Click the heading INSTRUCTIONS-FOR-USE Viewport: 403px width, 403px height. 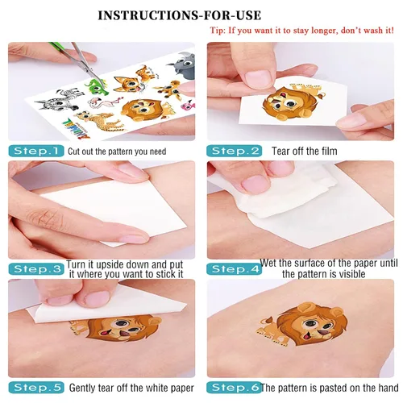pyautogui.click(x=180, y=15)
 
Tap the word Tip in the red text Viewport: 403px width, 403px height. pyautogui.click(x=217, y=31)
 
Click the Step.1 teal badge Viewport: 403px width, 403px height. pyautogui.click(x=36, y=151)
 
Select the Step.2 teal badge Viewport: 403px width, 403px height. pyautogui.click(x=234, y=151)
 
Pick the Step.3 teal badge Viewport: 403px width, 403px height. pyautogui.click(x=36, y=269)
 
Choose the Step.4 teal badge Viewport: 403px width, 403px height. pyautogui.click(x=234, y=269)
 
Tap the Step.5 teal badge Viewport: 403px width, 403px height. pyautogui.click(x=36, y=388)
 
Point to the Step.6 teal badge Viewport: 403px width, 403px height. pyautogui.click(x=234, y=388)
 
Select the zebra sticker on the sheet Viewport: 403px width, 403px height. pyautogui.click(x=59, y=100)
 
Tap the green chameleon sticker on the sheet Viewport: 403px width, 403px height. pyautogui.click(x=96, y=85)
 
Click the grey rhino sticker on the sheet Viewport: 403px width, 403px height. pyautogui.click(x=181, y=64)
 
